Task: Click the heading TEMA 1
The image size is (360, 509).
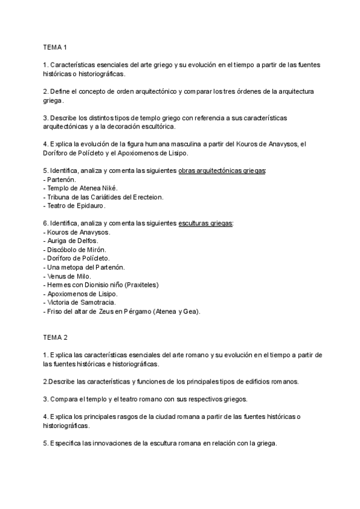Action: click(x=55, y=47)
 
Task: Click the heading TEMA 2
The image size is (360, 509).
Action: click(x=55, y=338)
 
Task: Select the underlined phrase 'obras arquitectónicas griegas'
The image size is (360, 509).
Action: click(x=222, y=171)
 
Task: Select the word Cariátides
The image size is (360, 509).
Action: click(x=115, y=196)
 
